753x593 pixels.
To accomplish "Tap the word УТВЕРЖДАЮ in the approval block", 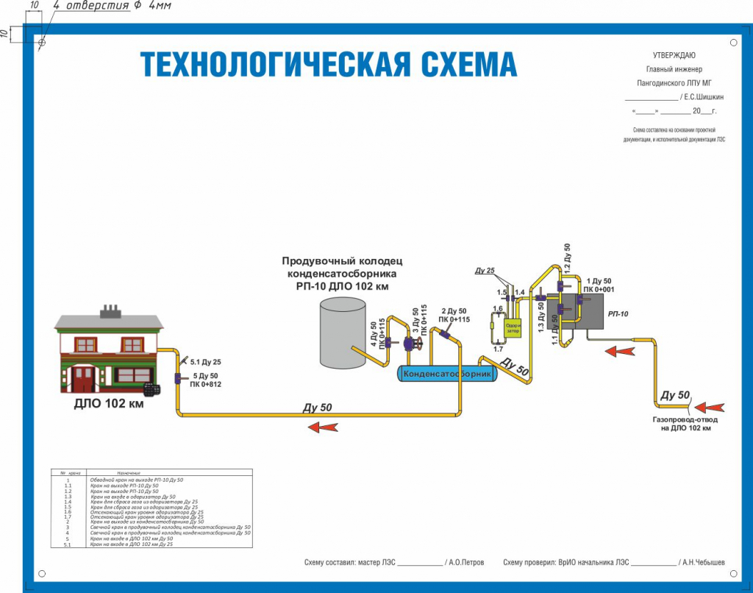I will click(674, 55).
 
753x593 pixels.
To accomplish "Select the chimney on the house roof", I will click(110, 310).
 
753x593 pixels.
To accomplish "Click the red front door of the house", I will click(82, 379).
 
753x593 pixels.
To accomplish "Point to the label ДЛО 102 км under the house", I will click(109, 404).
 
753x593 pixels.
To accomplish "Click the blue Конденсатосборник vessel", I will click(447, 374).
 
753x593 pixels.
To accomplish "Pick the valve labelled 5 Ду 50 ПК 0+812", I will click(178, 379).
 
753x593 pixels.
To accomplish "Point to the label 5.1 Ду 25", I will click(206, 362).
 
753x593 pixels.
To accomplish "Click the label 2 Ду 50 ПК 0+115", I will click(454, 316).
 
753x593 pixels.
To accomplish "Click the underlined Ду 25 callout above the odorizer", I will click(485, 271).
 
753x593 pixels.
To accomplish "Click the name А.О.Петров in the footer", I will click(465, 562).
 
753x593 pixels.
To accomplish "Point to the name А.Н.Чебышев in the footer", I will click(702, 562).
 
